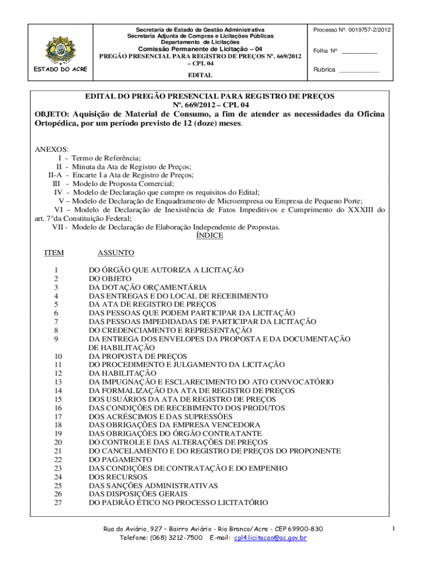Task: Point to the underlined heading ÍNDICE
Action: (209, 236)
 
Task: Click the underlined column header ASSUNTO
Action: (116, 253)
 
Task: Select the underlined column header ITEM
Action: (54, 253)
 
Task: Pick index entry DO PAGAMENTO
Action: (117, 460)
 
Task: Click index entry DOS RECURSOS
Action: (118, 477)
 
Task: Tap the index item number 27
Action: (57, 503)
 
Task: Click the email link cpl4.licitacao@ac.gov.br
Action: (271, 538)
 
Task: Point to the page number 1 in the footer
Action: (394, 529)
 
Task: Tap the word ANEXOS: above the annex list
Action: (52, 150)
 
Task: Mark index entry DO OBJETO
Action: (111, 279)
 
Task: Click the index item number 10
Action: (57, 356)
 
